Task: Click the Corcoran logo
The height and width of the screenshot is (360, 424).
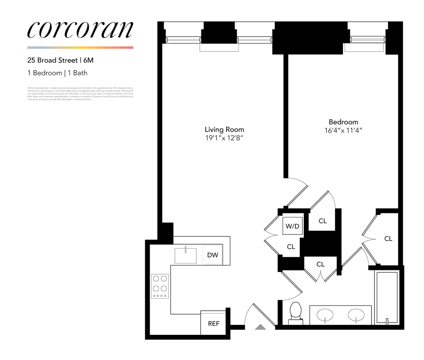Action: click(80, 30)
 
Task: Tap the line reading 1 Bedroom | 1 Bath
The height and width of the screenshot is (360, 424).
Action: click(57, 73)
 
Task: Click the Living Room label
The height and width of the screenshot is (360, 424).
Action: click(224, 129)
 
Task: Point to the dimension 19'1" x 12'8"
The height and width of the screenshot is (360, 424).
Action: click(224, 138)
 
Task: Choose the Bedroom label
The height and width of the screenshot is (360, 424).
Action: click(343, 122)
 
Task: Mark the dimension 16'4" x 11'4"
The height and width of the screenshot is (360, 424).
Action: click(343, 130)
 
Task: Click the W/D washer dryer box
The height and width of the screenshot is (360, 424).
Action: click(292, 226)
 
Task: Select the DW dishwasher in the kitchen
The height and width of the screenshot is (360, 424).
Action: click(213, 255)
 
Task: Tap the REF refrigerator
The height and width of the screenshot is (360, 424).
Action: click(214, 323)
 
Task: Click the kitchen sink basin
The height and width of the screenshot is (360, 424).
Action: click(186, 255)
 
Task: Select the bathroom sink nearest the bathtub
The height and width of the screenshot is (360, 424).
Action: click(356, 315)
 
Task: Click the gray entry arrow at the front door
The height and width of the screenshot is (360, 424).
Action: click(260, 327)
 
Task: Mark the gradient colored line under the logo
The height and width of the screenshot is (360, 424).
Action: click(80, 48)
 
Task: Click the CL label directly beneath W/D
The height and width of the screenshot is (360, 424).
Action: click(291, 247)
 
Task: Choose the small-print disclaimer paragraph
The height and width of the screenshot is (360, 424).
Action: click(80, 94)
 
